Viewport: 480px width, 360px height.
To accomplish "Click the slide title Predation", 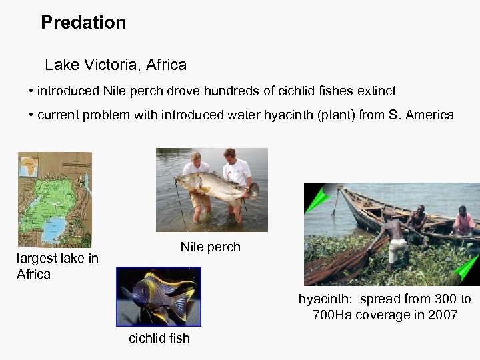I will pyautogui.click(x=83, y=23).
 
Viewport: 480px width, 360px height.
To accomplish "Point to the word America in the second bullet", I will pyautogui.click(x=429, y=115).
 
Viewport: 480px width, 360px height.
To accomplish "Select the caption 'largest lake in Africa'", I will pyautogui.click(x=57, y=266).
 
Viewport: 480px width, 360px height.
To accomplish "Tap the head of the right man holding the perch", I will pyautogui.click(x=229, y=155).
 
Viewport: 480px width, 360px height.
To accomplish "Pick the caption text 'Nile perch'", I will pyautogui.click(x=210, y=247).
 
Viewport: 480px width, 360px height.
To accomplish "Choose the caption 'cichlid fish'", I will pyautogui.click(x=159, y=339).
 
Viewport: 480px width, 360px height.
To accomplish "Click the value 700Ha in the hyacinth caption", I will pyautogui.click(x=334, y=315).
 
